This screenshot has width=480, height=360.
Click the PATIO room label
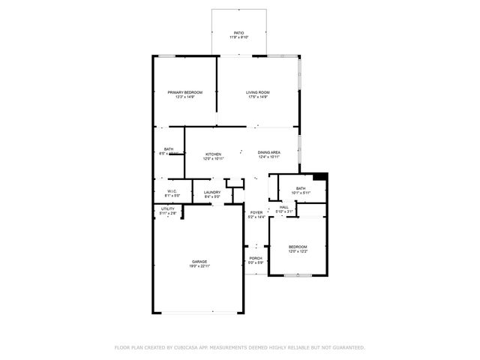tap(238, 33)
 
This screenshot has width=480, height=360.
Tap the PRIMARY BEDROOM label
tap(184, 92)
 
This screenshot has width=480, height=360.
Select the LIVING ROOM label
tap(257, 92)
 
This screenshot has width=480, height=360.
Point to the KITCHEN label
tap(214, 154)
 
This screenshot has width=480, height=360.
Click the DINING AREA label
tap(268, 152)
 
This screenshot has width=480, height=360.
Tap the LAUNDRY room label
tap(212, 192)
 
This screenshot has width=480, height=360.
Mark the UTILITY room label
tap(167, 208)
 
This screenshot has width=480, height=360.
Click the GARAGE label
tap(199, 262)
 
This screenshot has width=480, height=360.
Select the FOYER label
tap(256, 212)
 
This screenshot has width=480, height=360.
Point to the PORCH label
tap(256, 258)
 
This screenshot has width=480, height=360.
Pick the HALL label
tap(284, 207)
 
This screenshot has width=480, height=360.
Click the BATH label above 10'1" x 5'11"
tap(300, 188)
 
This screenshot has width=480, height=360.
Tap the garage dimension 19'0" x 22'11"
tap(199, 266)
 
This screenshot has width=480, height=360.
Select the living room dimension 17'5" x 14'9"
tap(257, 97)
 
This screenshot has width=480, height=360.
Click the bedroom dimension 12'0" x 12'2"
tap(298, 251)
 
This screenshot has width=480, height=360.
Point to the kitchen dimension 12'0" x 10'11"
tap(214, 158)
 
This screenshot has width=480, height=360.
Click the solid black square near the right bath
tap(320, 177)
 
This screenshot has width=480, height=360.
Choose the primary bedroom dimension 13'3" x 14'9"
tap(184, 97)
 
